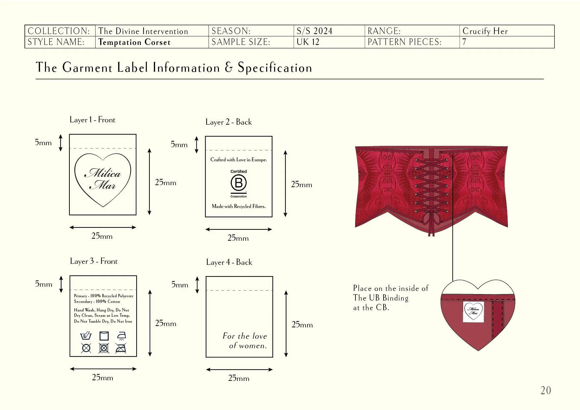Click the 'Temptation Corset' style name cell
(x=135, y=42)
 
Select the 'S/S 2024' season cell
(x=314, y=31)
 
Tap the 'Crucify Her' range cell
(x=485, y=31)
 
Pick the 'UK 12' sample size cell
(x=308, y=42)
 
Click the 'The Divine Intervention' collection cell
(x=143, y=31)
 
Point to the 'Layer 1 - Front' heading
(x=92, y=120)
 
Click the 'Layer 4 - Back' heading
(x=229, y=262)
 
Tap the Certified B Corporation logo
(x=239, y=184)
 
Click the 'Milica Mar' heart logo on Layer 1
(x=103, y=179)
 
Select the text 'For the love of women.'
(x=245, y=341)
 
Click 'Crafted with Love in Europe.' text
(x=239, y=160)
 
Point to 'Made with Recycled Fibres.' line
(x=239, y=206)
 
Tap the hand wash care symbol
(x=86, y=336)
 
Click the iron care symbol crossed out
(x=121, y=348)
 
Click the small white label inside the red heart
(x=474, y=311)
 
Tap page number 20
(x=546, y=390)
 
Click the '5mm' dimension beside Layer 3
(x=44, y=284)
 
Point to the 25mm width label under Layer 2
(x=238, y=238)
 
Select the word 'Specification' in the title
(x=275, y=68)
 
